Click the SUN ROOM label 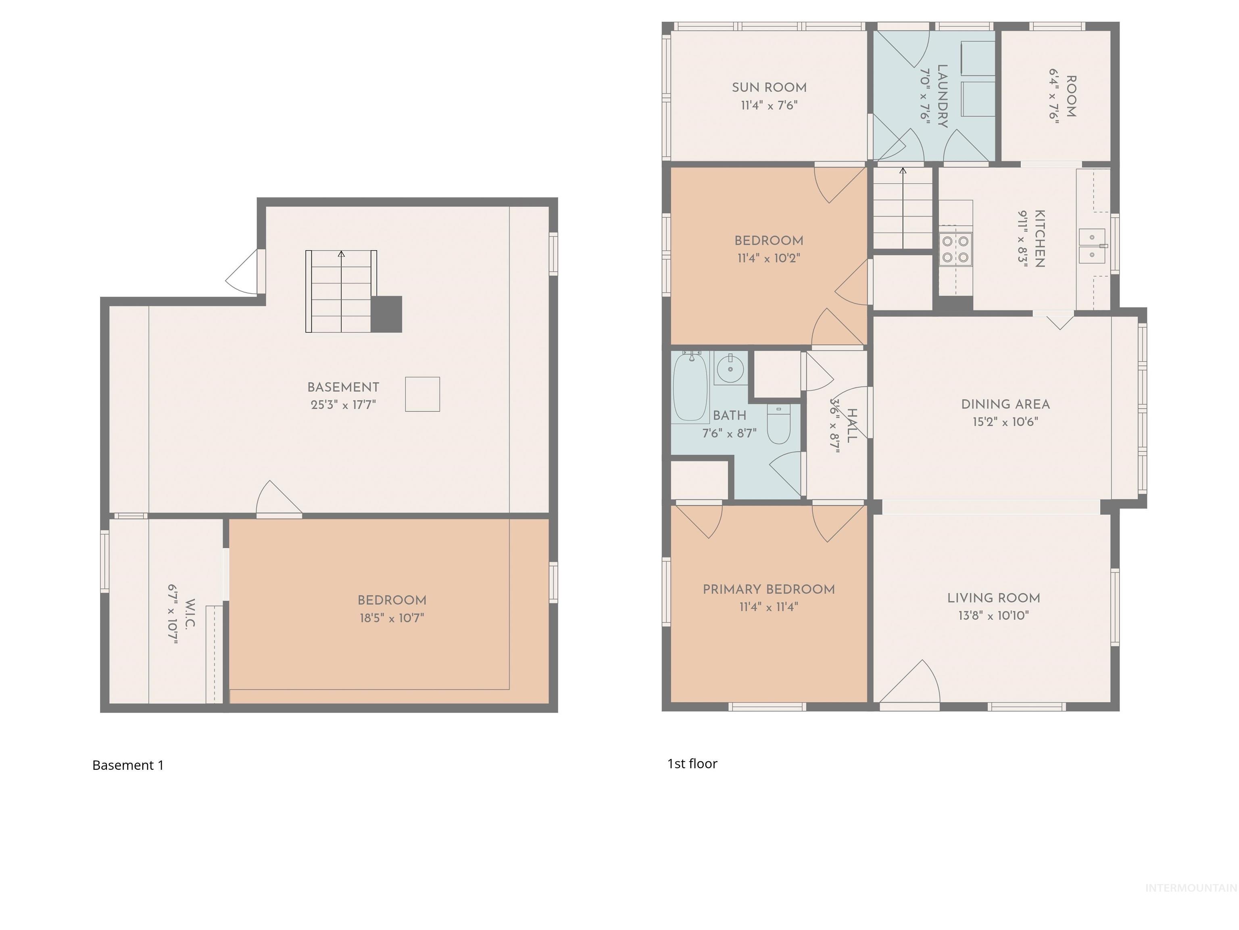point(769,88)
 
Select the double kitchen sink point(1092,246)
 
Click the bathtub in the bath point(690,387)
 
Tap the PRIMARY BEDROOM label point(768,589)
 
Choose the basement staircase point(340,291)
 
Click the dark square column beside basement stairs point(386,314)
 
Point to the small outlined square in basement point(422,394)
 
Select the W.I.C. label point(190,614)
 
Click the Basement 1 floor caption point(128,765)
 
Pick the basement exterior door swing point(244,273)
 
